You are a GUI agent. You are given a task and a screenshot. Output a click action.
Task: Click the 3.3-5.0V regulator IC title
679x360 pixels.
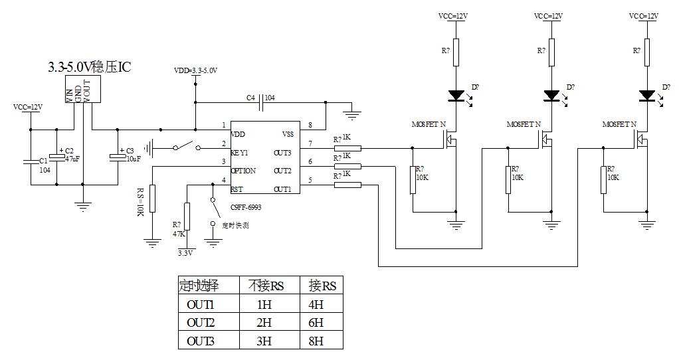click(x=89, y=68)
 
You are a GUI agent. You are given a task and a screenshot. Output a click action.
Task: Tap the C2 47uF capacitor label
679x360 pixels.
click(x=70, y=155)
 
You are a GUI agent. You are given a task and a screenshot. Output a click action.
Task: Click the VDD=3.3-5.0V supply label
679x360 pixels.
click(x=195, y=70)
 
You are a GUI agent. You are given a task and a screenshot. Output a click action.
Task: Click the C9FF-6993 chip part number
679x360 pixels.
click(x=245, y=207)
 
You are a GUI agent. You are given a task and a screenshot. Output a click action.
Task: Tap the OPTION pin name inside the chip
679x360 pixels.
click(x=242, y=171)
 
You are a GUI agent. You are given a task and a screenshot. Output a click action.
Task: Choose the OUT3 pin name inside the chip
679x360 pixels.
click(x=282, y=153)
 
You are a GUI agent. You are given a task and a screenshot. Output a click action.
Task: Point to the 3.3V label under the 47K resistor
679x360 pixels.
click(x=185, y=253)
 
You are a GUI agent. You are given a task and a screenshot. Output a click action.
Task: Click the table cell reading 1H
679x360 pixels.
click(x=264, y=305)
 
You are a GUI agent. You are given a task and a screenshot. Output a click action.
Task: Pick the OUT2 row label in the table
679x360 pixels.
click(x=200, y=323)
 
